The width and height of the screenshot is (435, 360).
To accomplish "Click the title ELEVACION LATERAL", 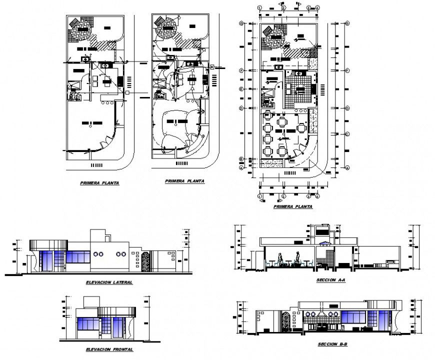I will coord(109,282).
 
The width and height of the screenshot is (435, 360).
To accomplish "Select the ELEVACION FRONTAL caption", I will coord(109,349).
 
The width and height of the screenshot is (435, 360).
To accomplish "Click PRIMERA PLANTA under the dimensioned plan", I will coord(293,206).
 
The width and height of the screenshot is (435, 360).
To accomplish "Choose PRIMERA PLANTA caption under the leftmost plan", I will coord(100,183).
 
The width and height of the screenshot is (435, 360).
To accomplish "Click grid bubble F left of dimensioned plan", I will coord(241,70).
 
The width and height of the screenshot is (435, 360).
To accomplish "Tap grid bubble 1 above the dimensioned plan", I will coord(260,8).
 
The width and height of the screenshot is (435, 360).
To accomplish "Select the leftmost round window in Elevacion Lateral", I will coord(95,254).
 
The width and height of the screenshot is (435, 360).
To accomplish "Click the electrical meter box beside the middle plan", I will coord(212,66).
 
